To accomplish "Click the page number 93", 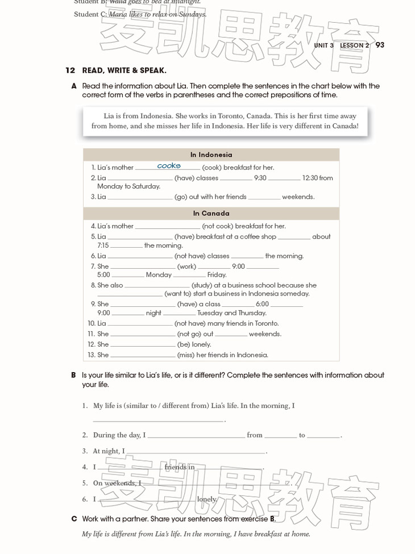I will point(380,45).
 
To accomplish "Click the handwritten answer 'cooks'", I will point(169,166).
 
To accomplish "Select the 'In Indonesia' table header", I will point(211,155).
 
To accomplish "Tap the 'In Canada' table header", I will point(211,213).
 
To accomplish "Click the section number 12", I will point(70,70).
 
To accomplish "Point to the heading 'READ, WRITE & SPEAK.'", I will point(124,70).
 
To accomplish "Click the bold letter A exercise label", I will point(74,86).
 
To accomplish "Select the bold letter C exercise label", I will point(74,519).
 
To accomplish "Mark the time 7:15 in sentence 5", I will point(103,245).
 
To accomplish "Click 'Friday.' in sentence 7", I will point(217,274).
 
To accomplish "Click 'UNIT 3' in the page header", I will point(323,45).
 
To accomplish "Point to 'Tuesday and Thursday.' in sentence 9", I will point(231,313).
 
